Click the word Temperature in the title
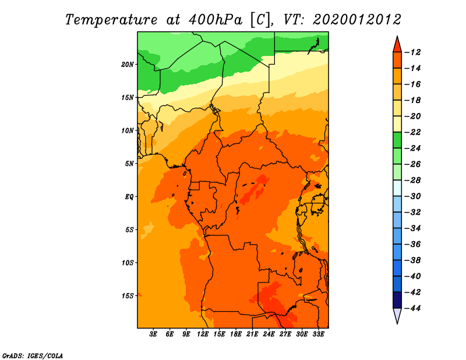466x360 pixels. click(x=111, y=20)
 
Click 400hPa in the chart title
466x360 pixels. click(x=215, y=20)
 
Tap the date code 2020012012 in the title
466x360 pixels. click(x=357, y=20)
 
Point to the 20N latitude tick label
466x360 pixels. click(x=128, y=65)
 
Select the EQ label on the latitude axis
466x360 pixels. click(x=129, y=197)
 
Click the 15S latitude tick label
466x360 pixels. click(x=128, y=296)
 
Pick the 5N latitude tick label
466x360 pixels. click(x=129, y=164)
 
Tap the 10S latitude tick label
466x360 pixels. click(x=128, y=263)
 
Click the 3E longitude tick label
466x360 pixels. click(x=153, y=334)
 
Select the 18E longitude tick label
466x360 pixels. click(x=236, y=334)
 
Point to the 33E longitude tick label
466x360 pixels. click(x=318, y=334)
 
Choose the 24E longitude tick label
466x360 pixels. click(x=269, y=334)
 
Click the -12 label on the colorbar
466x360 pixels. click(x=413, y=52)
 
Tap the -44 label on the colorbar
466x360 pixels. click(x=413, y=308)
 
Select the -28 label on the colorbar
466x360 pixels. click(x=413, y=180)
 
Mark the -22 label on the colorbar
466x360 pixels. click(x=413, y=132)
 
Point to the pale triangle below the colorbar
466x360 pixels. click(x=397, y=314)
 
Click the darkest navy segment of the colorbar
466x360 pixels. click(x=397, y=300)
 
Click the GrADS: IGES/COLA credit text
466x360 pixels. click(x=33, y=356)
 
